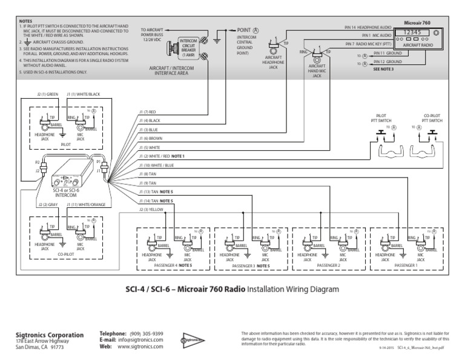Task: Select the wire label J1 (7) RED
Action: pos(148,112)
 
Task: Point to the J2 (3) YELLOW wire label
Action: pos(150,209)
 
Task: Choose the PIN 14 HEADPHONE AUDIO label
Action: pos(368,27)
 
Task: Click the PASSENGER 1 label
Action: pos(406,265)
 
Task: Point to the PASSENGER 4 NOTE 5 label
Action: pos(173,265)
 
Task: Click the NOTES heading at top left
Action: pos(25,21)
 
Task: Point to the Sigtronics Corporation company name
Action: pos(49,335)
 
